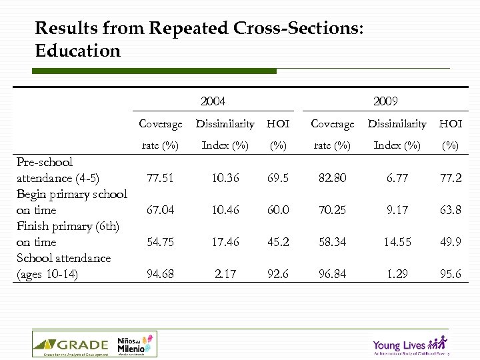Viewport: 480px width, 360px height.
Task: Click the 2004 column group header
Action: [213, 101]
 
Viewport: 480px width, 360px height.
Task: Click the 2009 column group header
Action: [385, 101]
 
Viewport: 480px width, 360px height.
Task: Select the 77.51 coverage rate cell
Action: [160, 178]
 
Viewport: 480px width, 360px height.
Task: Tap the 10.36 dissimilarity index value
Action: [224, 178]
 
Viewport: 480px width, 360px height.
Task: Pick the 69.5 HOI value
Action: [278, 178]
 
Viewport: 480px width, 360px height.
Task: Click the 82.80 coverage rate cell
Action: [332, 178]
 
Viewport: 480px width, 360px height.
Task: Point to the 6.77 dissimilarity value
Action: [397, 178]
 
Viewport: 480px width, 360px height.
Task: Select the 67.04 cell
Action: [160, 210]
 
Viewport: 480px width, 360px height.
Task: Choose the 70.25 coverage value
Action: [332, 210]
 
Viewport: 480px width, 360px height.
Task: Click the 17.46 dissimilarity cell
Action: [224, 242]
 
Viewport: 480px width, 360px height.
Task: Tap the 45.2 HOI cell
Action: [278, 242]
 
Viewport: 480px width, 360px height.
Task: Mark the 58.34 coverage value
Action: [332, 242]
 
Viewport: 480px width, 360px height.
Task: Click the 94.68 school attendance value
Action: [160, 274]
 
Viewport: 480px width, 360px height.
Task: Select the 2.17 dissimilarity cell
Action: [224, 274]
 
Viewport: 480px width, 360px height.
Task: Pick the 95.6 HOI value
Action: [451, 274]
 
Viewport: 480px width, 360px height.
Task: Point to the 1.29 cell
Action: [397, 274]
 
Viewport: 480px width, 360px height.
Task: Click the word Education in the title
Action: [77, 51]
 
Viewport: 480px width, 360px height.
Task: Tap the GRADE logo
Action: [71, 345]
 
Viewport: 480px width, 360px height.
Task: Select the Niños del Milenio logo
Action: [134, 345]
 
